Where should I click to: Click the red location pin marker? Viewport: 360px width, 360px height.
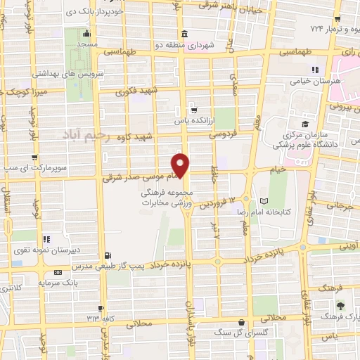181,165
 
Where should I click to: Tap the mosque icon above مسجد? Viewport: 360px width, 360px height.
86,32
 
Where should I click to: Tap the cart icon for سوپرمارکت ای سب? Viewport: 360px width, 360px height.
34,157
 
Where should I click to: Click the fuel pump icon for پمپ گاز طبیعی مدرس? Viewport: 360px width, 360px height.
107,255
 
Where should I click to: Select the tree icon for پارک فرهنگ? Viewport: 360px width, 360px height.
340,305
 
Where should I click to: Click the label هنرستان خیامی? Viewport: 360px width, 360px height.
314,81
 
